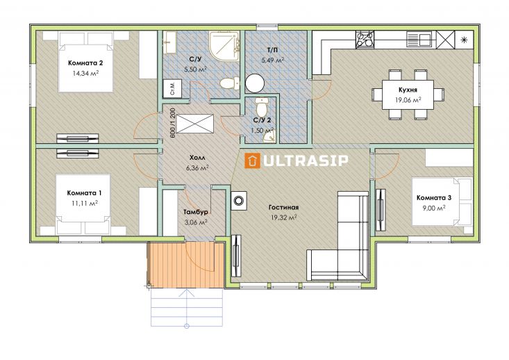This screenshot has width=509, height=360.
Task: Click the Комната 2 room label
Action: pos(85,63)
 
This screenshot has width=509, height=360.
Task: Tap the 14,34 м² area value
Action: pos(85,73)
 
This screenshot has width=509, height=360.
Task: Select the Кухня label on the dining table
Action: pos(408,90)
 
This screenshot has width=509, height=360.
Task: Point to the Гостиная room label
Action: pos(284,207)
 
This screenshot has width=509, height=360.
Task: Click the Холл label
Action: pos(197,158)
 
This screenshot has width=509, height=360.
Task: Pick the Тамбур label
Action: pos(196,212)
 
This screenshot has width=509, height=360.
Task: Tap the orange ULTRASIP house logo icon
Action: pos(252,161)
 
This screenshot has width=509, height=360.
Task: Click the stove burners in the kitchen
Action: pos(365,40)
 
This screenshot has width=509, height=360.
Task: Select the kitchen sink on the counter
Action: pos(419,39)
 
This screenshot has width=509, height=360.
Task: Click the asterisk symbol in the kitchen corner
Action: pos(464,40)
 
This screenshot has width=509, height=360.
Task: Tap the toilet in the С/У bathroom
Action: pos(230,83)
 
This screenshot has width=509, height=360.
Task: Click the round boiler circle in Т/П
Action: pos(255,83)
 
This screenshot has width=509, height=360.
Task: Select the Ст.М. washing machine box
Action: pos(172,88)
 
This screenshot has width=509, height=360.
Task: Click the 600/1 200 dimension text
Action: pos(172,123)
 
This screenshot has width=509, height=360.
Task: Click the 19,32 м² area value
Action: pos(284,218)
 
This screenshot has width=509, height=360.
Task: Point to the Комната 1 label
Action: pos(85,193)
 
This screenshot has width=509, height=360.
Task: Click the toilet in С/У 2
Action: pos(262,104)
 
